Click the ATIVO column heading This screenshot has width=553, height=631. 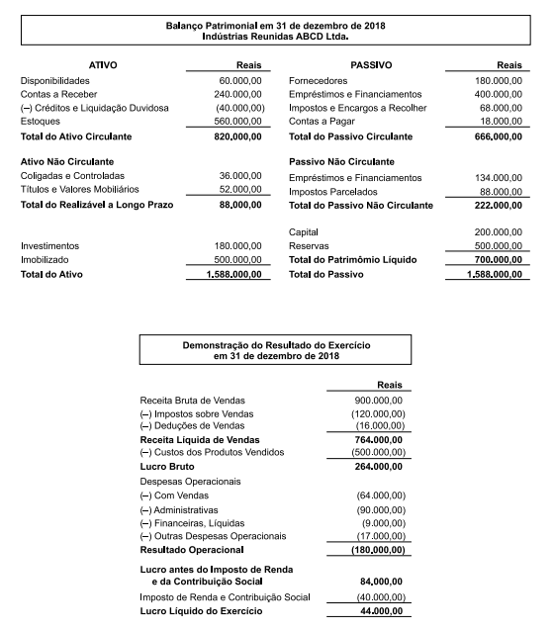pos(103,64)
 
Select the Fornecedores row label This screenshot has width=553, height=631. pos(320,80)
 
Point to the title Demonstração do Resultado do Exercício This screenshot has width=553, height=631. pos(276,346)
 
